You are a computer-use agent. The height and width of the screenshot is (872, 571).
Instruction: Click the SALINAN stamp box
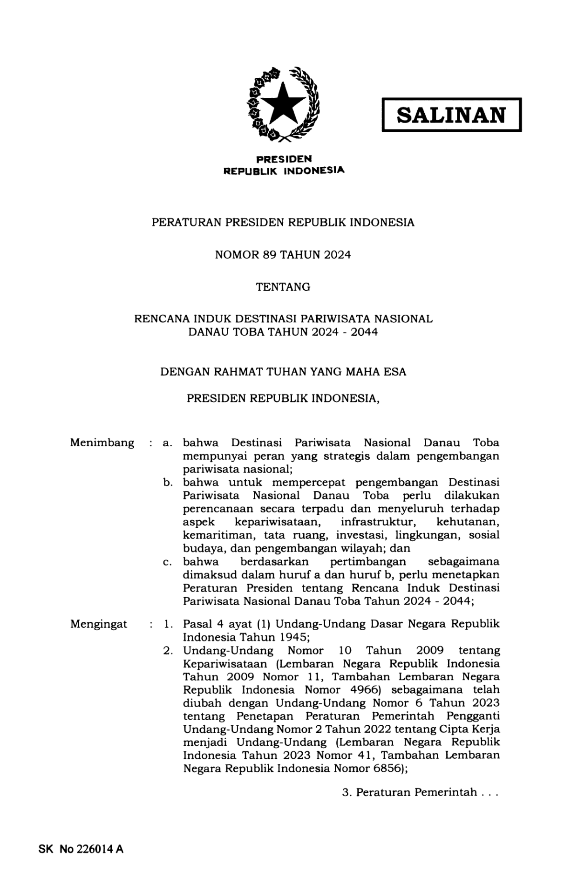[451, 115]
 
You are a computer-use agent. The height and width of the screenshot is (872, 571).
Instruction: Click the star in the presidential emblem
[283, 104]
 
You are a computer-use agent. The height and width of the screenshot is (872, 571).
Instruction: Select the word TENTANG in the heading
[283, 287]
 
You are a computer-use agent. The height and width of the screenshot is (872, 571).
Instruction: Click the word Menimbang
[102, 443]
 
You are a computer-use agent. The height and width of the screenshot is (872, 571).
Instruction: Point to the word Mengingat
[98, 624]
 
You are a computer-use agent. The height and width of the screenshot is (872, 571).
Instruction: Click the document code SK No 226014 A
[81, 849]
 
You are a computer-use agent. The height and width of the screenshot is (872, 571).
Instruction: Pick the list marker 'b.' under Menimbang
[168, 482]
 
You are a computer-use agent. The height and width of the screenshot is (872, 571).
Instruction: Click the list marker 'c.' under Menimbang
[168, 562]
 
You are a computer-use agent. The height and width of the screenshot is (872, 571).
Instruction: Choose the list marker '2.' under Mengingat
[168, 650]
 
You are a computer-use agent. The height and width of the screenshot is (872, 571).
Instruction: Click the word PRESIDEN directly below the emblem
[284, 159]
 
